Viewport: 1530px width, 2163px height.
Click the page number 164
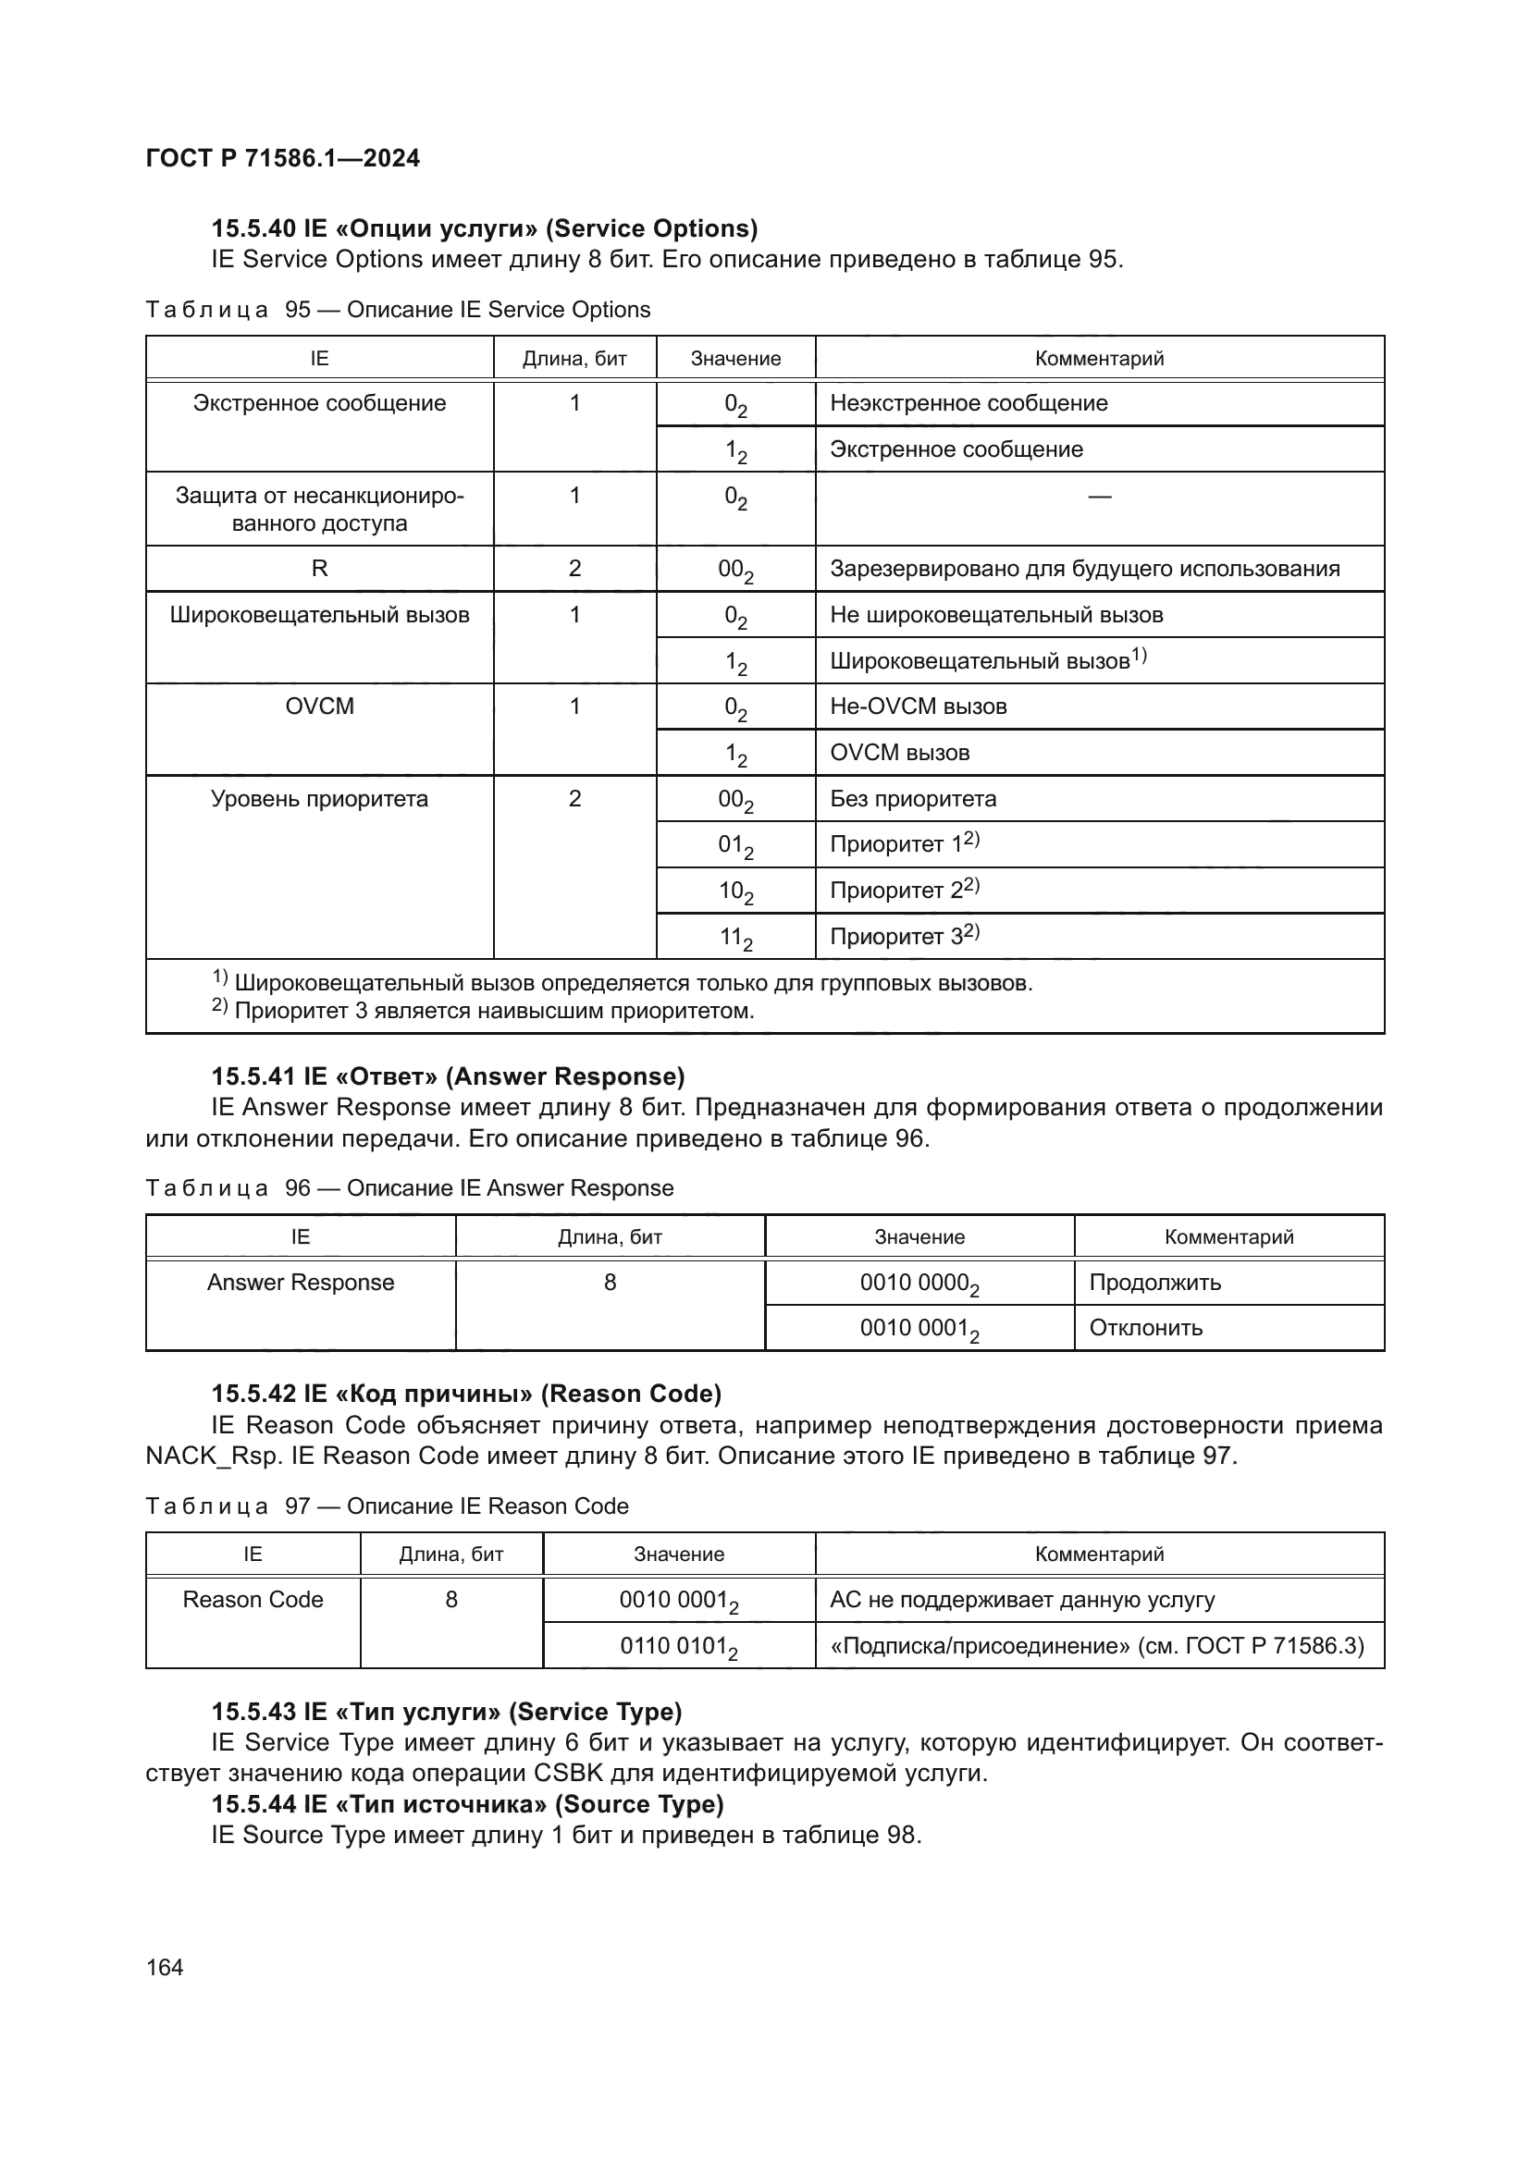[165, 1967]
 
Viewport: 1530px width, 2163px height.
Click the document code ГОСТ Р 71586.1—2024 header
[283, 158]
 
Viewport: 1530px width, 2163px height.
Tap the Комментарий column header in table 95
[1099, 358]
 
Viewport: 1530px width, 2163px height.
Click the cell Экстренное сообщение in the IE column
[319, 403]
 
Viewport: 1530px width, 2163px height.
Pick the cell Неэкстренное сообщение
[969, 403]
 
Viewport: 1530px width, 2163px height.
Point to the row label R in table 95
[319, 568]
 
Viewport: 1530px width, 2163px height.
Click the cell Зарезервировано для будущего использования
[1084, 568]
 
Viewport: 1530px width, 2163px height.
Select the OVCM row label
[319, 706]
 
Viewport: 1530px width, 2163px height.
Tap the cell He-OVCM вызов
[919, 706]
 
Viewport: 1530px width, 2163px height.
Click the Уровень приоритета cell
[319, 798]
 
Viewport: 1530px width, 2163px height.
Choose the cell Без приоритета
[913, 798]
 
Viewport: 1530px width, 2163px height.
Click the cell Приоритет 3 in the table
[904, 936]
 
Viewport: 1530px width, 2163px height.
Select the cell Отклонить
[1145, 1327]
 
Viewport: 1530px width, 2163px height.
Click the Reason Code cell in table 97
[253, 1599]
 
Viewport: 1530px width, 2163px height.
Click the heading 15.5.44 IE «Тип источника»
[467, 1803]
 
